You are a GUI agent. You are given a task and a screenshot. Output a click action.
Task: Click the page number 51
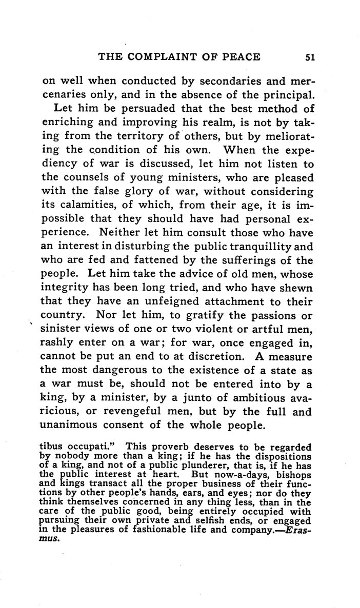point(309,57)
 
